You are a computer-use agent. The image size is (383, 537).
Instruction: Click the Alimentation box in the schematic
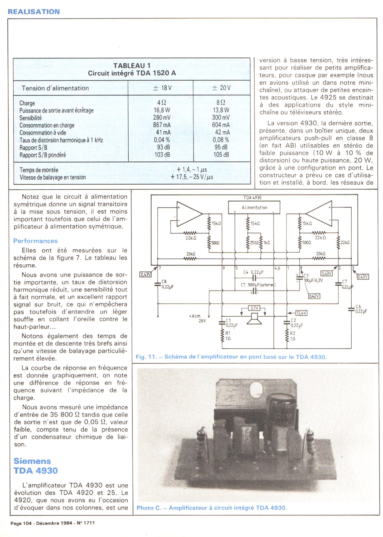[x=254, y=207]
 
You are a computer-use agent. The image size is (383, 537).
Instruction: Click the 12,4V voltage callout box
[x=301, y=313]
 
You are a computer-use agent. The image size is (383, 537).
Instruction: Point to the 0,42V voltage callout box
[x=314, y=296]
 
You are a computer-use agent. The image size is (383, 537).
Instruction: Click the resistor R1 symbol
[x=222, y=336]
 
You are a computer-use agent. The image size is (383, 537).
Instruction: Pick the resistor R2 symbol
[x=286, y=336]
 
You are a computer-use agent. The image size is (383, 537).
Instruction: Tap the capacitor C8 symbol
[x=158, y=284]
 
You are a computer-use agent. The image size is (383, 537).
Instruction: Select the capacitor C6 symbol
[x=351, y=309]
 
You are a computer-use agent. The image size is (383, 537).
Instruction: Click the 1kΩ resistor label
[x=267, y=243]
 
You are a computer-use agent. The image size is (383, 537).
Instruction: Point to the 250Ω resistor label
[x=254, y=243]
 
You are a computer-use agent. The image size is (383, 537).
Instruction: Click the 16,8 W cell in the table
[x=162, y=110]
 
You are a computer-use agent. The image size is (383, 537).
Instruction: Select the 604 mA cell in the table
[x=221, y=125]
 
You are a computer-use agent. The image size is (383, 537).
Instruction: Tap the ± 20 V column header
[x=221, y=88]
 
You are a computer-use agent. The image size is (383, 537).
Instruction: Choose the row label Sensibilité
[x=31, y=118]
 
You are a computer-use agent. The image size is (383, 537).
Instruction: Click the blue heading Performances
[x=35, y=241]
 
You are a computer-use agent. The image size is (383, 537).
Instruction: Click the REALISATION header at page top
[x=34, y=12]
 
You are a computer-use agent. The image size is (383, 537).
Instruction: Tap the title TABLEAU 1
[x=132, y=66]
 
